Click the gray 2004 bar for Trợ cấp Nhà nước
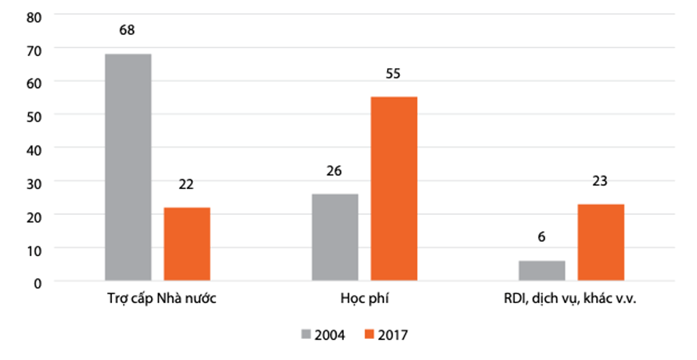[128, 168]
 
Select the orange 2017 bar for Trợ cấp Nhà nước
[187, 244]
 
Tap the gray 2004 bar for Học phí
[335, 237]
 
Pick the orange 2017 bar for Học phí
[394, 189]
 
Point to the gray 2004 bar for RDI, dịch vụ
[542, 271]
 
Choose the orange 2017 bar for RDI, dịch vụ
[600, 243]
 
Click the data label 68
[127, 30]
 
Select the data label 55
[393, 73]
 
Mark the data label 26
[334, 171]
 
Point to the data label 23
[600, 181]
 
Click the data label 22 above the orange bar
[187, 185]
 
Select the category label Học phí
[364, 300]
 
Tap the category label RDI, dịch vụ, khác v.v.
[570, 300]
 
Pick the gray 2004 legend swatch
[306, 335]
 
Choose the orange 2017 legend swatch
[369, 335]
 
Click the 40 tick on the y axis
[34, 149]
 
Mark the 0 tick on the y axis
[37, 282]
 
